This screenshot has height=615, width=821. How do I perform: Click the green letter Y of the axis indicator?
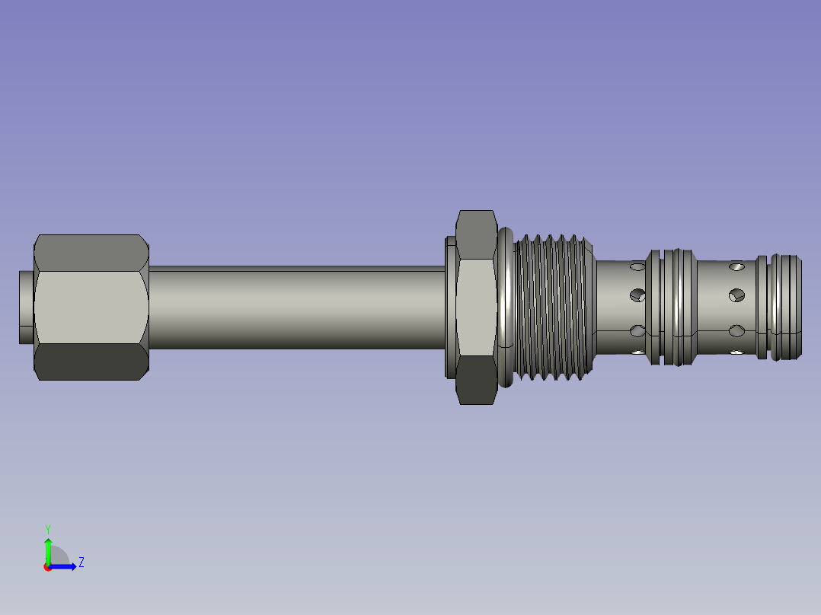click(48, 529)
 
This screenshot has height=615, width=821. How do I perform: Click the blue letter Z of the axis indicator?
click(81, 562)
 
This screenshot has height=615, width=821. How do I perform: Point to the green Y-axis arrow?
click(48, 551)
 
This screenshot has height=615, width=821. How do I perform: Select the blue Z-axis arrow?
click(62, 566)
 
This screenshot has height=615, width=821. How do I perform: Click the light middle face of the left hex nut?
click(91, 307)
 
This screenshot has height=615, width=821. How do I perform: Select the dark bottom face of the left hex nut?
click(91, 362)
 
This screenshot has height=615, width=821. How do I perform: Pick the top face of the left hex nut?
click(91, 253)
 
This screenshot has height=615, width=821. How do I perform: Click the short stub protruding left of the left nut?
click(26, 307)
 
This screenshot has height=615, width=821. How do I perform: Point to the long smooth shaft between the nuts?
click(297, 307)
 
